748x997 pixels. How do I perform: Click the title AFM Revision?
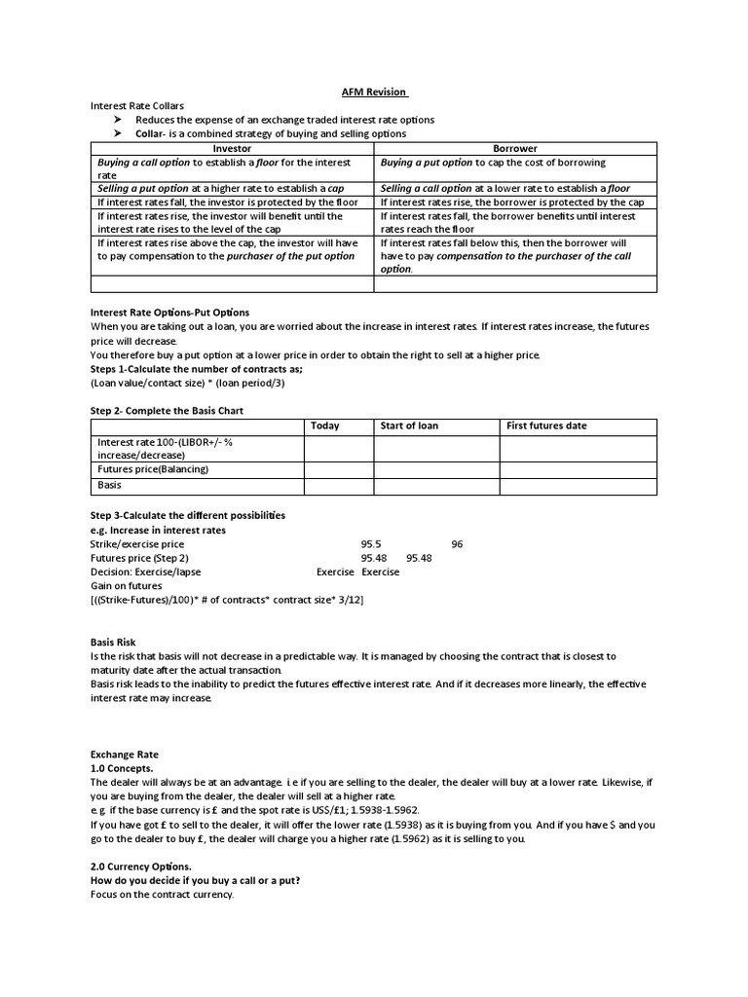(x=375, y=92)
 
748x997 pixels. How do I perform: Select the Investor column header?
(x=232, y=148)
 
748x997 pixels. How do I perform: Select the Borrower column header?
(x=515, y=148)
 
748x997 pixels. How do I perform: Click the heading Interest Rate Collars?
(x=137, y=105)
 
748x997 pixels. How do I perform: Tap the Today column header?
(x=324, y=425)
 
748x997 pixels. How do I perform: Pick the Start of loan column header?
(x=409, y=425)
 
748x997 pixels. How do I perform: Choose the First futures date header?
(x=547, y=425)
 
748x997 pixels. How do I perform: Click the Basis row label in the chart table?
(x=110, y=484)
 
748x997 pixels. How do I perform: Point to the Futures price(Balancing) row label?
(x=152, y=468)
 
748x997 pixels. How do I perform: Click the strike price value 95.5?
(x=371, y=544)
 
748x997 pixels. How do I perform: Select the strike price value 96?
(x=457, y=544)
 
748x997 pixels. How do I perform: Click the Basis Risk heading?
(x=113, y=643)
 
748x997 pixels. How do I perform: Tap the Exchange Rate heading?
(x=124, y=754)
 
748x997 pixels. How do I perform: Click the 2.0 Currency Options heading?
(x=141, y=866)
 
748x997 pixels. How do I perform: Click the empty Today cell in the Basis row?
(x=338, y=484)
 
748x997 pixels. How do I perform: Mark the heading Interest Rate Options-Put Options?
(x=169, y=313)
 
